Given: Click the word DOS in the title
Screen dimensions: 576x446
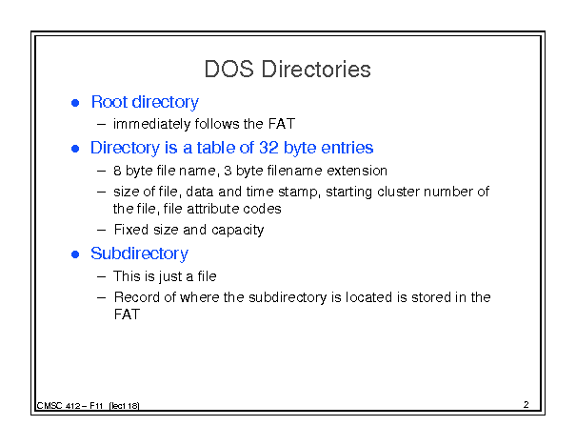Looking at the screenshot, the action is (228, 70).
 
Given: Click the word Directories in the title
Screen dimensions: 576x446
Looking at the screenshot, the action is (316, 70).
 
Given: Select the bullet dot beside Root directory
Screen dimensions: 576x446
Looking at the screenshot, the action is (75, 103).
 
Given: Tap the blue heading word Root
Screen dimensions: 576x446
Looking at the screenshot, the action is (109, 102).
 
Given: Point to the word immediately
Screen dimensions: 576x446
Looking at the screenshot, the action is (152, 124).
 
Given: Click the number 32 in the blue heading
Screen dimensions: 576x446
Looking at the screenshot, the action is (268, 148).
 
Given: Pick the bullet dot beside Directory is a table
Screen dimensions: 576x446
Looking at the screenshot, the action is (75, 149).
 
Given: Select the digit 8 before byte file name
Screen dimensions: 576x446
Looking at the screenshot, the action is (117, 171).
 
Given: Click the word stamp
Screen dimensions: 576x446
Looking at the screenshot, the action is (299, 193).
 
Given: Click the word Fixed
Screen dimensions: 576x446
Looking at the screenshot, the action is (131, 230).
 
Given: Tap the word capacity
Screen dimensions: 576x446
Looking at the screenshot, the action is (238, 231).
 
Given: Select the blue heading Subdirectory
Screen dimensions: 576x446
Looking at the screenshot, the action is (139, 253).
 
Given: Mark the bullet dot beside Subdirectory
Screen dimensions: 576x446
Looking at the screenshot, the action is (75, 254).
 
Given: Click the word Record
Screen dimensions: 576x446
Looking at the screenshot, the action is (137, 297).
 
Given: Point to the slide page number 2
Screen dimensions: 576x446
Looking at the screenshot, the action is (526, 404).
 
